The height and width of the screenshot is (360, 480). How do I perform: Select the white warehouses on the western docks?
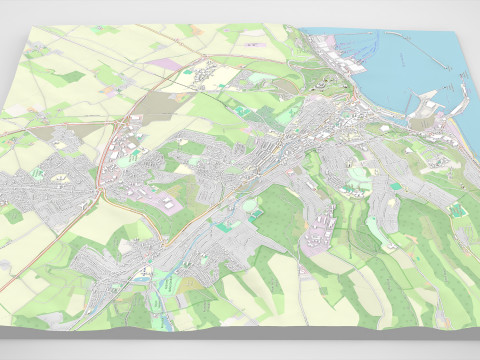tap(334, 56)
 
